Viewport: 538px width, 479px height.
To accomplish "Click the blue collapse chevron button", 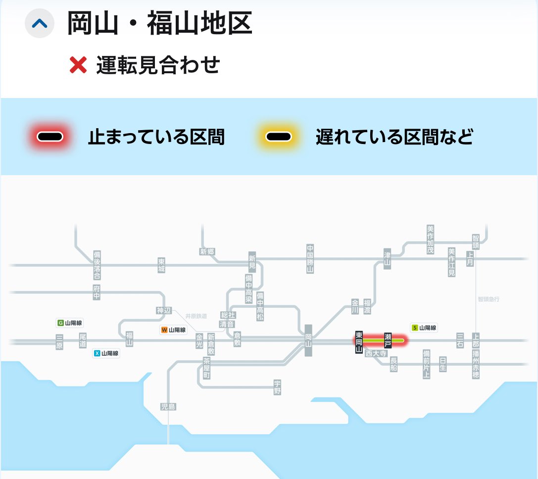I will tap(39, 23).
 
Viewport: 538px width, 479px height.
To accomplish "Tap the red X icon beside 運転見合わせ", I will tap(78, 65).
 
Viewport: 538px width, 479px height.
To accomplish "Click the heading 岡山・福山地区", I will tap(160, 24).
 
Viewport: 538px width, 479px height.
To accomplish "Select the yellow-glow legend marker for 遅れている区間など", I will tap(277, 137).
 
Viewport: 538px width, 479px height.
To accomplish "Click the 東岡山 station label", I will tap(359, 341).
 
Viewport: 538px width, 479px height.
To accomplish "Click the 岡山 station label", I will tap(309, 340).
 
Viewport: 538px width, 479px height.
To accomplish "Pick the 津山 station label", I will tap(387, 259).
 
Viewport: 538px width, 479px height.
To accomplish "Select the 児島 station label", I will tap(168, 407).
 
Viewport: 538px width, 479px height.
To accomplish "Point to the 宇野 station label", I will tap(277, 387).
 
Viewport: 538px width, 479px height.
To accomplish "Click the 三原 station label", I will tap(59, 342).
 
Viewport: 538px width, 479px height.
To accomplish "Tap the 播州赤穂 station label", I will tap(476, 364).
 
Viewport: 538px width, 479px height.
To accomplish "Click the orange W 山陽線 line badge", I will tap(173, 330).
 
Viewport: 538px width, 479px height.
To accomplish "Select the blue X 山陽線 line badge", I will tap(106, 353).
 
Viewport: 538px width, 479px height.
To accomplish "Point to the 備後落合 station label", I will tap(97, 265).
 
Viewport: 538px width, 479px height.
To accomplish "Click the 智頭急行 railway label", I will tap(489, 299).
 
